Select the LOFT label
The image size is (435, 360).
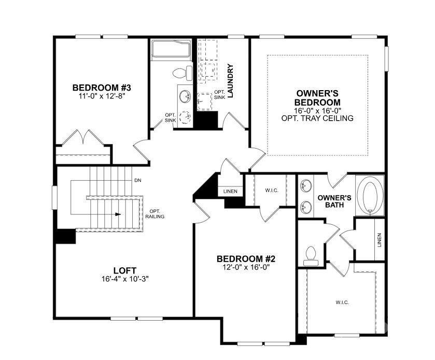[x=124, y=270]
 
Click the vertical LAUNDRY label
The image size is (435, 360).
[x=231, y=81]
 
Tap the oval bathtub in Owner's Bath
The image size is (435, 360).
[x=370, y=195]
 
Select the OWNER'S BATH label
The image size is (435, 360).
[x=334, y=201]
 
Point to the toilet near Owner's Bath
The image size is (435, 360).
[x=311, y=254]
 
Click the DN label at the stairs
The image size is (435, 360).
[x=137, y=181]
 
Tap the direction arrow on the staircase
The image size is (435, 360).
[x=119, y=213]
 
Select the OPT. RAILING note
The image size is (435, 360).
[x=155, y=213]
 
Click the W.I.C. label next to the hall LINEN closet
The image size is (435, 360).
[x=272, y=191]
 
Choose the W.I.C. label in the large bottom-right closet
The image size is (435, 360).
[x=342, y=302]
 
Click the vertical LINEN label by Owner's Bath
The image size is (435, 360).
[x=380, y=239]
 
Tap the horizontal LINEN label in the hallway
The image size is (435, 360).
[x=230, y=192]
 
